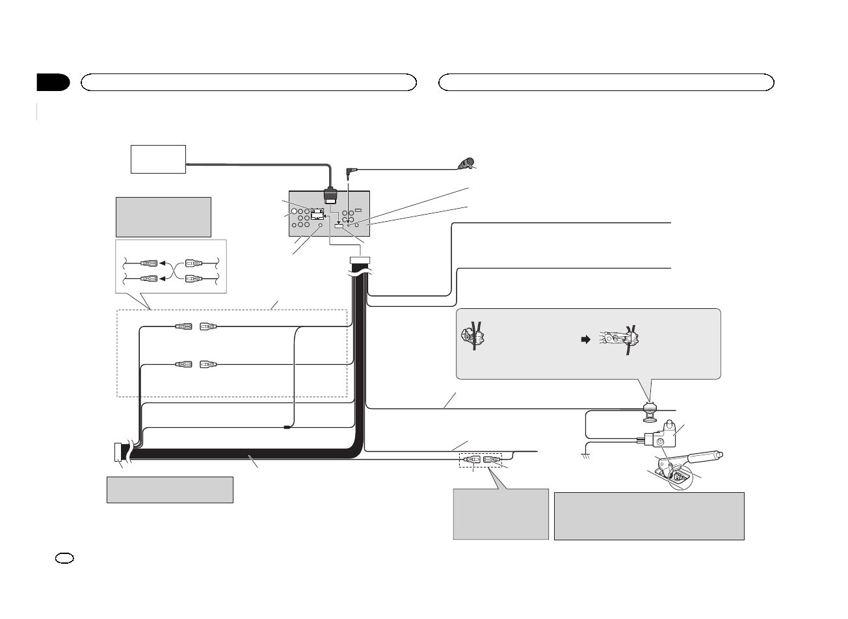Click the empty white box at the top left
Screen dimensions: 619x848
coord(159,159)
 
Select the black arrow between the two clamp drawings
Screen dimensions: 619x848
coord(584,340)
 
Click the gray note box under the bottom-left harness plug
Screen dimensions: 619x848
coord(170,490)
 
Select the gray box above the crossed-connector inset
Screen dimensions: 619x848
coord(163,217)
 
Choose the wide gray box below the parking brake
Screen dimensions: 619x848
coord(648,516)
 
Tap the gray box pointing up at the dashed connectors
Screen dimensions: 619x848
coord(500,514)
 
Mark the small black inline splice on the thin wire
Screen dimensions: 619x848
coord(287,427)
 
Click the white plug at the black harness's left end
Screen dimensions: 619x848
coord(117,452)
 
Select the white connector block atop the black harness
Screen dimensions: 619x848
coord(360,261)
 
